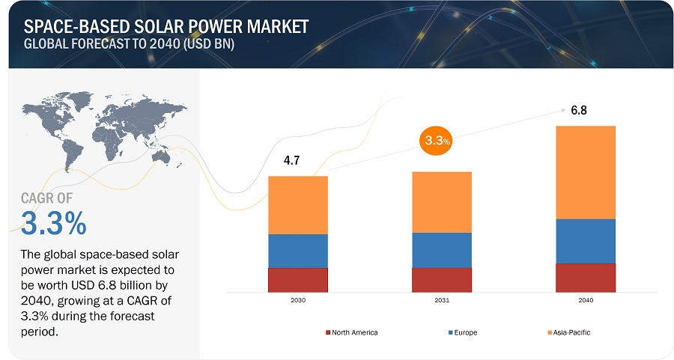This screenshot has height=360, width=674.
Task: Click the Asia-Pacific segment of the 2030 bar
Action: coord(298,205)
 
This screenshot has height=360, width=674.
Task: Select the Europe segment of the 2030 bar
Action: coord(298,251)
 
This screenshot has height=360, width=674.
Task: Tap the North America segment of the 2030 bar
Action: coord(298,279)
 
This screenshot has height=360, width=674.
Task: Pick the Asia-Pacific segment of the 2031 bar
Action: coord(441,202)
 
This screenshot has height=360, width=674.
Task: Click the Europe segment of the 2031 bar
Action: coord(441,250)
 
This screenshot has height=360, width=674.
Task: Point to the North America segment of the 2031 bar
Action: coord(441,279)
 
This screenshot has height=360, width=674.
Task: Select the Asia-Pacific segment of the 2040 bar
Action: coord(586,172)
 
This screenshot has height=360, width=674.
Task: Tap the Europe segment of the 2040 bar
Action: coord(586,241)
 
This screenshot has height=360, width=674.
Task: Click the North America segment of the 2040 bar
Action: coord(586,277)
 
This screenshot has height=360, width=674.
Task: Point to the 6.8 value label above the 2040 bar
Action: coord(578,111)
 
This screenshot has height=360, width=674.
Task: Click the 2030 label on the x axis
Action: coord(298,300)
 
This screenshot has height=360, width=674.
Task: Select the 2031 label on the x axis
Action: coord(441,300)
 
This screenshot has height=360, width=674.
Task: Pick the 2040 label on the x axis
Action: coord(586,300)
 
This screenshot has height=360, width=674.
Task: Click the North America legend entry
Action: coord(351,332)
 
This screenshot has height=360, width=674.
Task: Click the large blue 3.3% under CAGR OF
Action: coord(54,223)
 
